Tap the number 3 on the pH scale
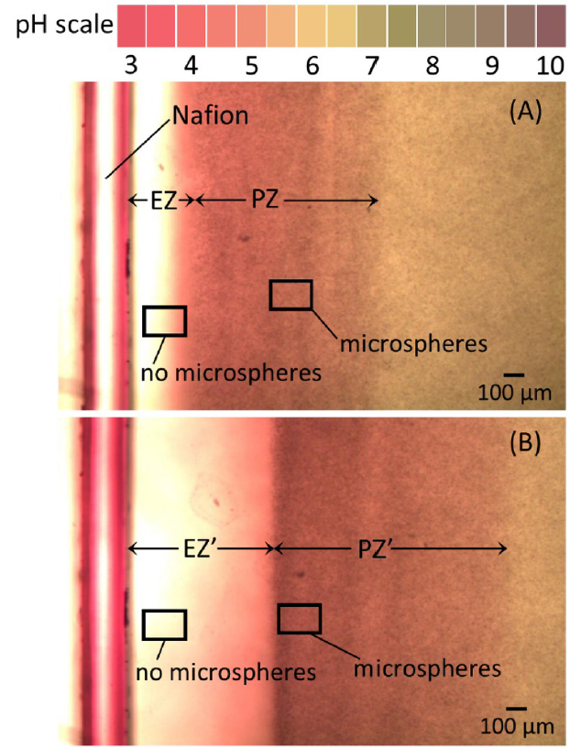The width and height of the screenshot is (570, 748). click(131, 68)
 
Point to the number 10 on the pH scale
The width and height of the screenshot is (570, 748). click(550, 68)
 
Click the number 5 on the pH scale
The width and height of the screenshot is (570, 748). click(251, 68)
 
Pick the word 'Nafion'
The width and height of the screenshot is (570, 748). click(210, 115)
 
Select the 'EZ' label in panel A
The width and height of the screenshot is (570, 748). click(162, 201)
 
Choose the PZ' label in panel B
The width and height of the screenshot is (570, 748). click(376, 549)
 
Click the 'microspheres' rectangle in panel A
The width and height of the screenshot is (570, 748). click(290, 295)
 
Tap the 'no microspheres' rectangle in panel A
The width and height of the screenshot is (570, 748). click(165, 321)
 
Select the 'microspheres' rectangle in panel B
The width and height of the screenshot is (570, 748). click(300, 619)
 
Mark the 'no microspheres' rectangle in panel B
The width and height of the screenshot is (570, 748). click(165, 624)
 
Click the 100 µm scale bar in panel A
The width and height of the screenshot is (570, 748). click(514, 375)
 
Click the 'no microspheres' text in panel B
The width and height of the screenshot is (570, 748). click(226, 673)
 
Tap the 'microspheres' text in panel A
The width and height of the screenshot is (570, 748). click(412, 344)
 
